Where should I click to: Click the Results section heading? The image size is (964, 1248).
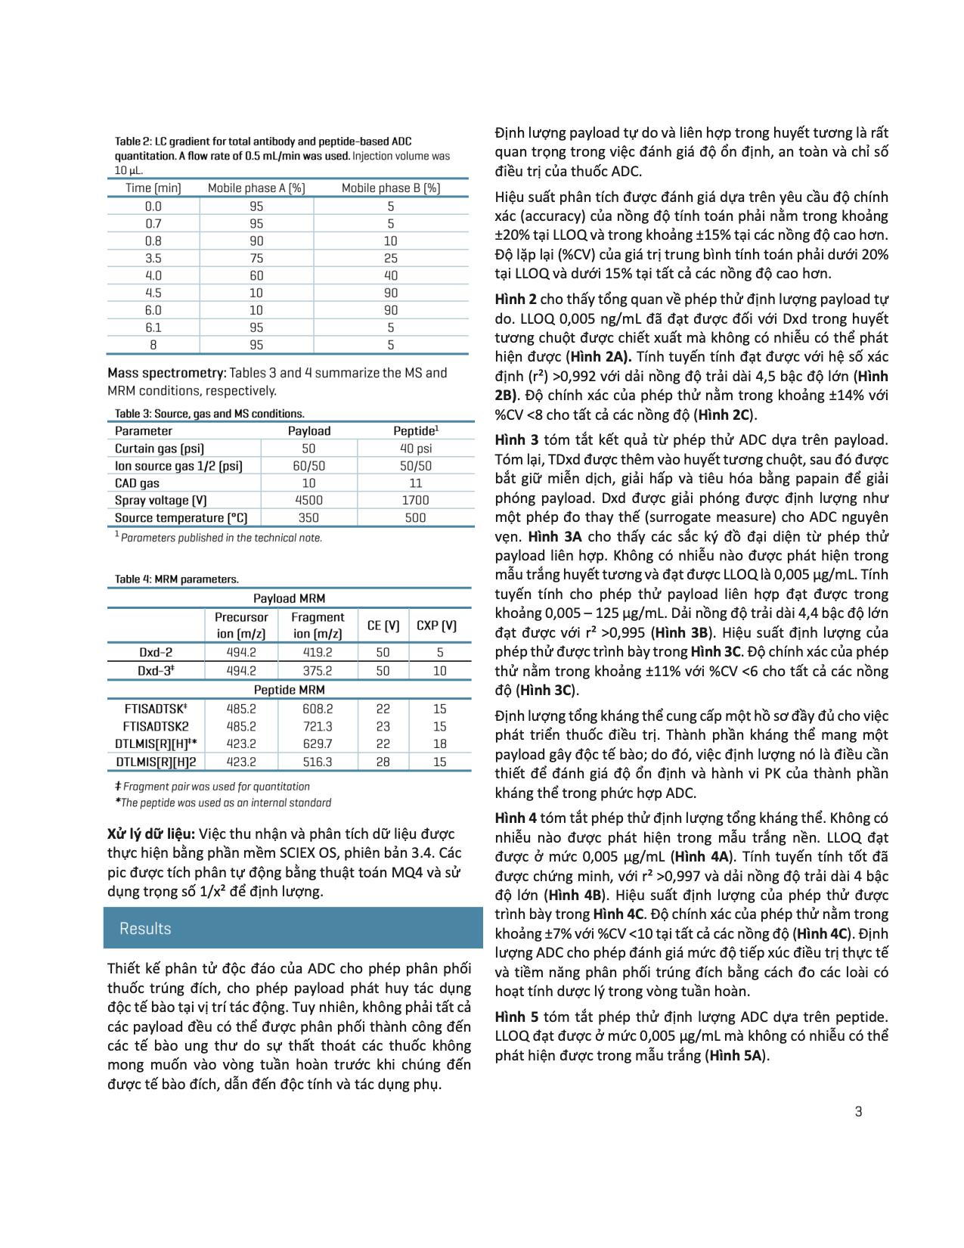pos(145,929)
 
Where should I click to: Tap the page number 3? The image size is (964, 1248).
pos(858,1111)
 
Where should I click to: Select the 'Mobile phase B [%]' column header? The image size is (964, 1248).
pos(390,188)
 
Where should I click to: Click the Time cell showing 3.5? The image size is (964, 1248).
pos(153,258)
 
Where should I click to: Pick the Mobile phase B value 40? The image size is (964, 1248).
pos(390,275)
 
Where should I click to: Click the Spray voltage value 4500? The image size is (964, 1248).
pos(308,500)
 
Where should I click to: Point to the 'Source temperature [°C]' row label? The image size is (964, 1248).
pos(181,518)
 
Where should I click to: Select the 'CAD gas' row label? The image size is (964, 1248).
pos(137,483)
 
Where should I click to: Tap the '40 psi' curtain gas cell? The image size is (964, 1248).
pos(415,449)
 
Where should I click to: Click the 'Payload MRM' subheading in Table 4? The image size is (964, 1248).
pos(289,598)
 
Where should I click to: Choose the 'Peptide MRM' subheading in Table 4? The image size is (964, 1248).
pos(289,690)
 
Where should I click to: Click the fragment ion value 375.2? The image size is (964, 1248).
pos(317,671)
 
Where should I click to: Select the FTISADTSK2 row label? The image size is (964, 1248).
pos(155,726)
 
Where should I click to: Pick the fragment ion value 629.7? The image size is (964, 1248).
pos(317,744)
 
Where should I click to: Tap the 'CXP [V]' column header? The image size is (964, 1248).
pos(436,626)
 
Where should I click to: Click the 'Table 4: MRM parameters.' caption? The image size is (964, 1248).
pos(176,579)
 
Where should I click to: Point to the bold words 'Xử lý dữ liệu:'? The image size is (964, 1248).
pos(151,834)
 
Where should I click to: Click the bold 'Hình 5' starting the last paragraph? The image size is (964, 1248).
pos(516,1017)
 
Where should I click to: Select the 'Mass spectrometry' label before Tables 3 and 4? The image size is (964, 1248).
pos(166,373)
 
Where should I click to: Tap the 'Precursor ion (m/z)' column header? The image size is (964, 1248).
pos(241,626)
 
